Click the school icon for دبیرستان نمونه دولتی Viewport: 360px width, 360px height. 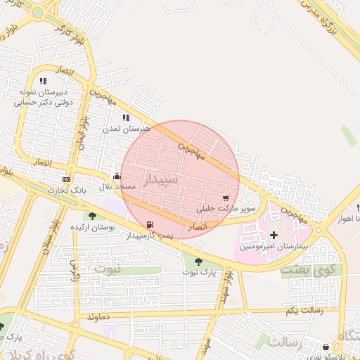(43, 81)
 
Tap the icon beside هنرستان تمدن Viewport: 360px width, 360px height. (126, 117)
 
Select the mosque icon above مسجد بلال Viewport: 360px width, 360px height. (116, 176)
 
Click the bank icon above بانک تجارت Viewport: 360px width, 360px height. (67, 179)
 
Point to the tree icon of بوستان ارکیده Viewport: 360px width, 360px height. (92, 216)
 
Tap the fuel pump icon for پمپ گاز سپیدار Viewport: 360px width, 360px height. (149, 225)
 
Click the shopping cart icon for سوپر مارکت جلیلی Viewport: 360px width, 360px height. (226, 198)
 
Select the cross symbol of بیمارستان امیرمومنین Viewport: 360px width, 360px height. (274, 234)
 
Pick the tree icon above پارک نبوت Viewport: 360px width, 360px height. (198, 262)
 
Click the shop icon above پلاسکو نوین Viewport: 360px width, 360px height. (326, 347)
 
